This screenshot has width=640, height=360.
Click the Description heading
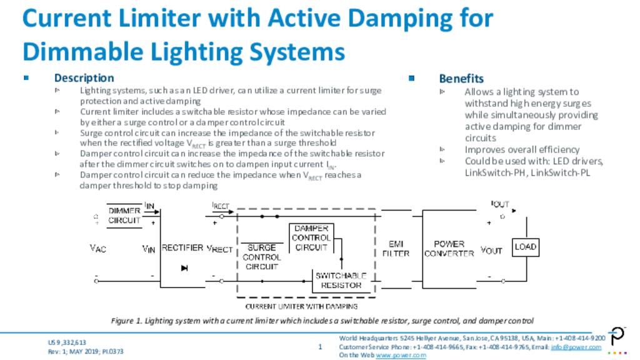84,78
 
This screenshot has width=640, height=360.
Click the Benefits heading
461,78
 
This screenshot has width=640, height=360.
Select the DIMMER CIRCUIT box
124,216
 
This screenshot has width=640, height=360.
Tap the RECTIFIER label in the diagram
182,247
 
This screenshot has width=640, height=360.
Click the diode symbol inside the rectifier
184,268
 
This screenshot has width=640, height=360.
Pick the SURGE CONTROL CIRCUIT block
262,257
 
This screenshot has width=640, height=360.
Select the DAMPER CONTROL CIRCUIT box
311,238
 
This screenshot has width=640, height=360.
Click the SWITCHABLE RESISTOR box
341,281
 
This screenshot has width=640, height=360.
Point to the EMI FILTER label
396,249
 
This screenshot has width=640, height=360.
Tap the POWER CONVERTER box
449,249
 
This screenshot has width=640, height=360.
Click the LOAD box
526,247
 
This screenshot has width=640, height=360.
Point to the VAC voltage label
98,248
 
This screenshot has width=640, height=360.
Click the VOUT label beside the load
491,250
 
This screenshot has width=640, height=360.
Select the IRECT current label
221,206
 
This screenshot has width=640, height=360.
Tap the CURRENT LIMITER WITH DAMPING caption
301,306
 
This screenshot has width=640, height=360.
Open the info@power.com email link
576,347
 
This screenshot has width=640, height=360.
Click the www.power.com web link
401,355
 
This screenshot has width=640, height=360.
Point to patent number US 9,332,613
67,342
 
